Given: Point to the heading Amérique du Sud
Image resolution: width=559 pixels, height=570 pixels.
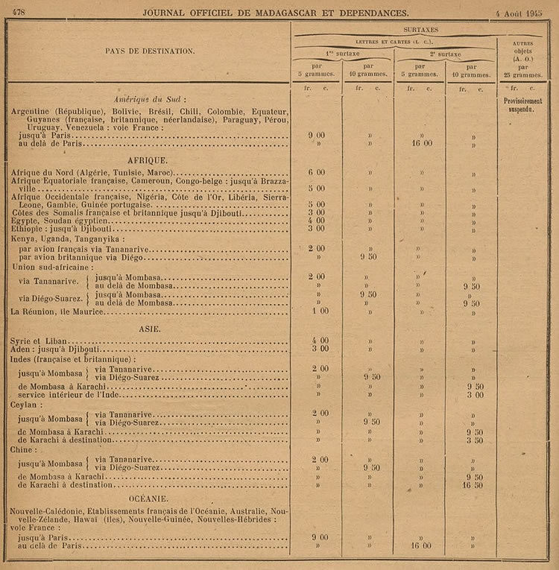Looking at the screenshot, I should coord(149,99).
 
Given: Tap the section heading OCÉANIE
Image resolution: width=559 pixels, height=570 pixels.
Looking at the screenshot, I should coord(148,498).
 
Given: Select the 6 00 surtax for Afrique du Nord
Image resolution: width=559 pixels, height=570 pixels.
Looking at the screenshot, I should coord(318,172).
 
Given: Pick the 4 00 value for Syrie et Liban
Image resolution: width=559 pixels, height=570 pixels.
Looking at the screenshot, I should coord(318,341).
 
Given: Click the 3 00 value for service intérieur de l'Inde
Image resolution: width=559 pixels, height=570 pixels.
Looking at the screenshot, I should coord(474,395).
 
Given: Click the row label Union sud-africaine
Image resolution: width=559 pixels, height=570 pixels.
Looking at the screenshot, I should coord(52,267).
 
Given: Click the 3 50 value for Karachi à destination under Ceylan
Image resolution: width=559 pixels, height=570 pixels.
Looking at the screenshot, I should coord(474,440).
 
